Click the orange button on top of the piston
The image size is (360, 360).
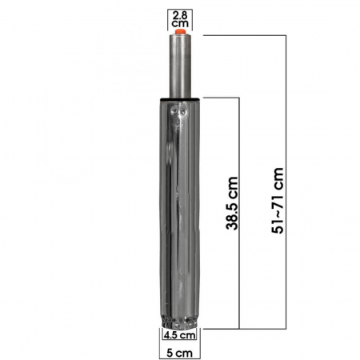(x=180, y=32)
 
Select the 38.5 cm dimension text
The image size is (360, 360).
(x=232, y=203)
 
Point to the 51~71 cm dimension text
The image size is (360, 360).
(x=278, y=201)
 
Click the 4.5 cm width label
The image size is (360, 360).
(x=179, y=335)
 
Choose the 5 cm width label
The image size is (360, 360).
(x=179, y=353)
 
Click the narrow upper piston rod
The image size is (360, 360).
(x=180, y=66)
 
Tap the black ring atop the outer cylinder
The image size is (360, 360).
(x=180, y=99)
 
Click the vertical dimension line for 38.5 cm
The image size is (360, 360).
(x=239, y=213)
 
